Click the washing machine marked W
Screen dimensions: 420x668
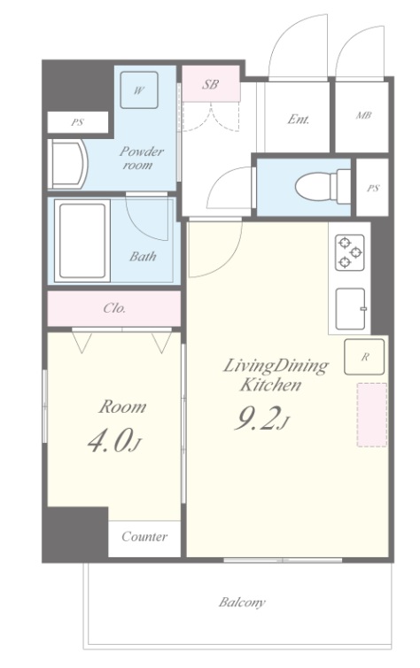tap(139, 89)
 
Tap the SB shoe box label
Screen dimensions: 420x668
tap(210, 84)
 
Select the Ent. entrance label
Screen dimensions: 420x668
tap(299, 119)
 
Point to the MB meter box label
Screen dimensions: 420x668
tap(364, 115)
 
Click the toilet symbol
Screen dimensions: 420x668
tap(323, 186)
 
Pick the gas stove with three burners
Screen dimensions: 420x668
tap(350, 252)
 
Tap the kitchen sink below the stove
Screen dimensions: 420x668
tap(351, 309)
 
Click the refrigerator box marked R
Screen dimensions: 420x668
tap(364, 357)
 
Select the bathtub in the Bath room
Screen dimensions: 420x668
tap(82, 241)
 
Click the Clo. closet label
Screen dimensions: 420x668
tap(114, 307)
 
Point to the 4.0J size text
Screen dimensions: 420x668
tap(113, 441)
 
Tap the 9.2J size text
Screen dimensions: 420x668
tap(262, 418)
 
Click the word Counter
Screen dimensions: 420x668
tap(144, 536)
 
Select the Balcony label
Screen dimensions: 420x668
tap(242, 602)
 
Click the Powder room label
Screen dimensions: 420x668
tap(141, 158)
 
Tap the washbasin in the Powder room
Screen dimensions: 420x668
tap(67, 165)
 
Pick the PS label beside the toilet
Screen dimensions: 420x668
tap(373, 188)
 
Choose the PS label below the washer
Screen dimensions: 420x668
tap(77, 122)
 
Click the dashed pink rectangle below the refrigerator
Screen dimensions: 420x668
tap(372, 415)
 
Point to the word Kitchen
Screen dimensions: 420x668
tap(271, 384)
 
